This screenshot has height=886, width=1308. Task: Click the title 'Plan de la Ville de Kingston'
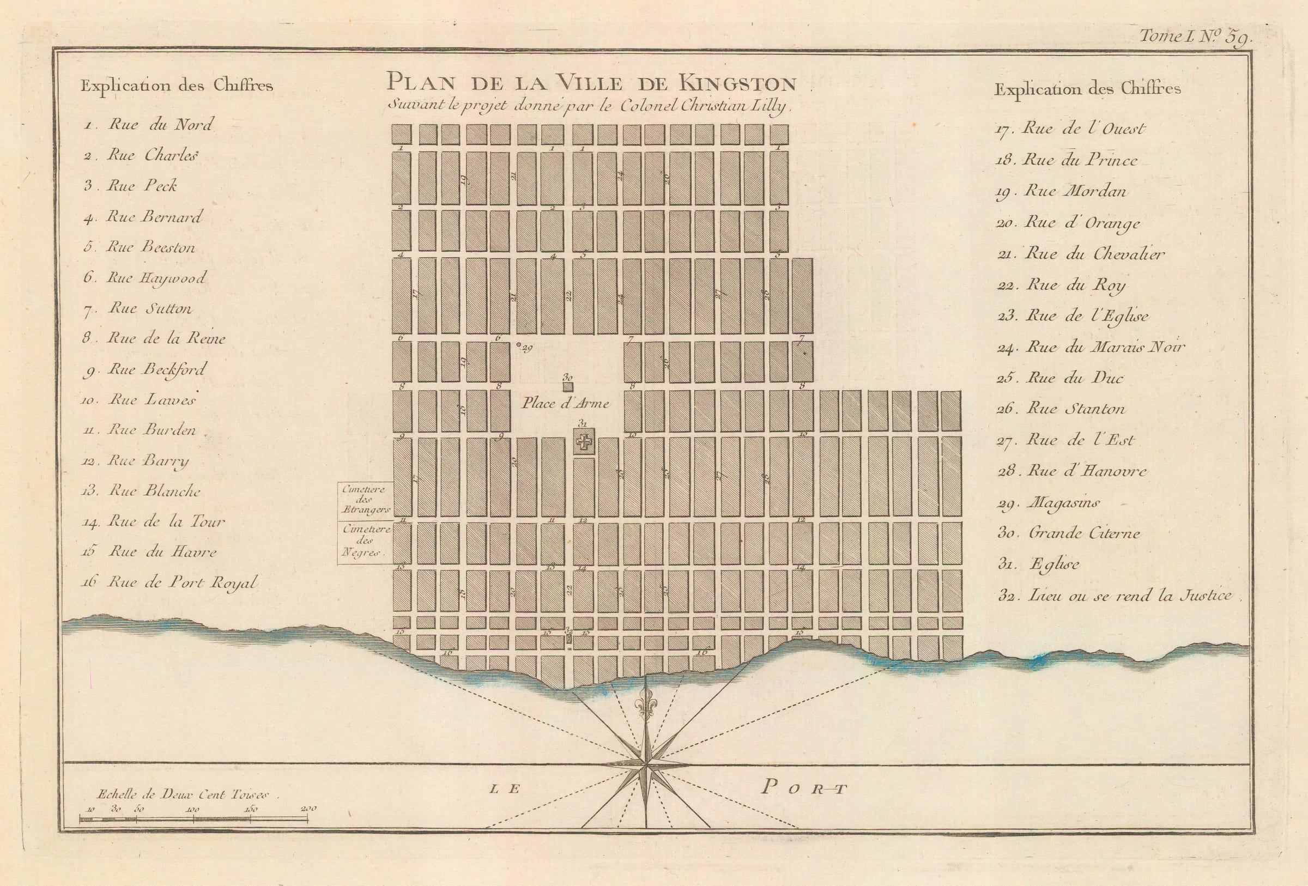click(591, 84)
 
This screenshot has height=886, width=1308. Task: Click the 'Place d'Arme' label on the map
click(565, 403)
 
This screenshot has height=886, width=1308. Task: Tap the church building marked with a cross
click(584, 442)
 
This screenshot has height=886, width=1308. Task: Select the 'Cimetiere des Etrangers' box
click(364, 499)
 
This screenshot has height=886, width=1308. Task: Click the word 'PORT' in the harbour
click(804, 788)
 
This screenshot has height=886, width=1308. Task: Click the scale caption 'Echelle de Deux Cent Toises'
click(183, 794)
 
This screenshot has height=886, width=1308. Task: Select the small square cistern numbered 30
click(568, 387)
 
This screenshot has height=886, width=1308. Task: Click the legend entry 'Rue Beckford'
click(156, 369)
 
